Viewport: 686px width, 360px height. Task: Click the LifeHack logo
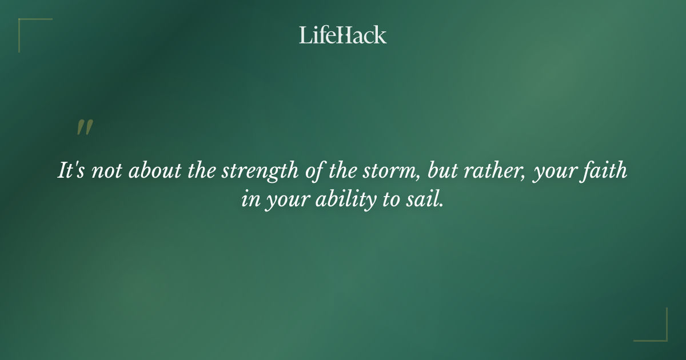point(343,35)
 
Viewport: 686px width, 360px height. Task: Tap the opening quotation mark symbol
point(85,127)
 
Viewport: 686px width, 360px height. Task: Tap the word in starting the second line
point(249,201)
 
